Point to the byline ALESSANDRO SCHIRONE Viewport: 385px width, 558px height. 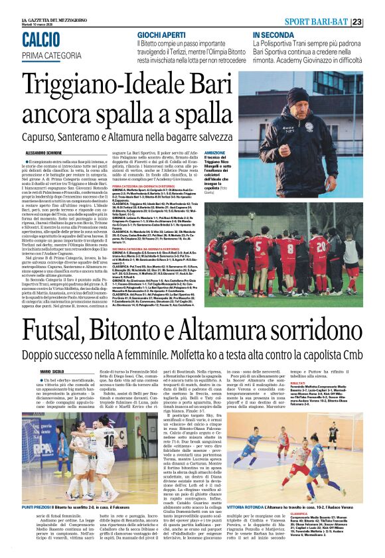coord(41,151)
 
